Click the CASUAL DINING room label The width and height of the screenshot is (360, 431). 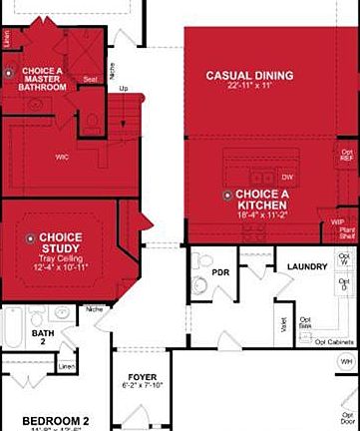[x=249, y=76]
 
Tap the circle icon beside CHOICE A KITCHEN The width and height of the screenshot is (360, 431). [x=228, y=195]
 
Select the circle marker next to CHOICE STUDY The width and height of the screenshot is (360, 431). [x=31, y=237]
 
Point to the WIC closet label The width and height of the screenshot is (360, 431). [x=62, y=156]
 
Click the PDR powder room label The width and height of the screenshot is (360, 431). [x=220, y=271]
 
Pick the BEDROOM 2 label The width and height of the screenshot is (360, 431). [x=57, y=420]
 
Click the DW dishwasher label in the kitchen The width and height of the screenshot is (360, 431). [x=286, y=176]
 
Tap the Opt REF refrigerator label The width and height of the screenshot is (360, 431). [x=345, y=155]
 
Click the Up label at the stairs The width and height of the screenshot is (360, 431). [x=123, y=88]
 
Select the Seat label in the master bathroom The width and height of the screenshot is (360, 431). [x=90, y=79]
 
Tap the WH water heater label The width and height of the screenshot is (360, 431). [x=346, y=361]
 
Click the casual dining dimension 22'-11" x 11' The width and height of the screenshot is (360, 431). [x=249, y=88]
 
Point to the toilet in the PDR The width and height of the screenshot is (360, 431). [x=199, y=285]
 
